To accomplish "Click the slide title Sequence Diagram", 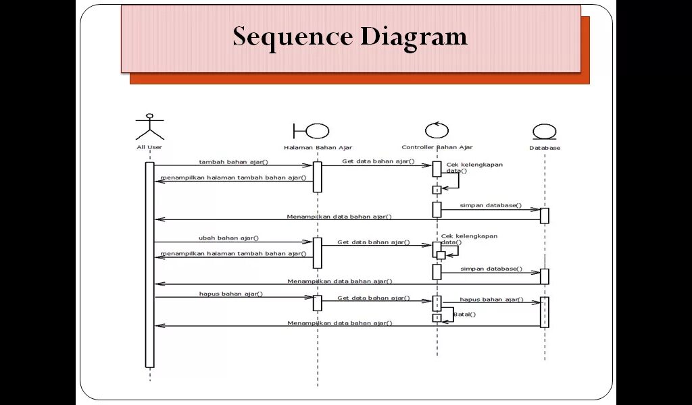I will click(x=350, y=36).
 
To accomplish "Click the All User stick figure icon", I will click(x=149, y=126).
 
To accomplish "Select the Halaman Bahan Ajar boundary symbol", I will click(x=311, y=131).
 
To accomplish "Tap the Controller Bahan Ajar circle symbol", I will click(x=437, y=130).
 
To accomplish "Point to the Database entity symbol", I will click(x=544, y=132).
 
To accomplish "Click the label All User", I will click(x=149, y=147).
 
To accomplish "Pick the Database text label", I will click(x=545, y=148).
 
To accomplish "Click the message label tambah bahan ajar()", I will click(x=233, y=162).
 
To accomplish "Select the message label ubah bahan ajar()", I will click(x=228, y=238).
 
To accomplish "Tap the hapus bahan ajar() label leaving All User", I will click(x=230, y=294).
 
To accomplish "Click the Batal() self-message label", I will click(x=464, y=314).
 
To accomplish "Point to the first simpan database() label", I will click(x=491, y=205).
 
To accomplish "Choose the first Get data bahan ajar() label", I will click(x=378, y=161).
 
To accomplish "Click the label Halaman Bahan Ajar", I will click(x=318, y=148).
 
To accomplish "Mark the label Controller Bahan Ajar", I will click(x=437, y=147).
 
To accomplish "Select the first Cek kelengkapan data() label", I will click(x=474, y=167).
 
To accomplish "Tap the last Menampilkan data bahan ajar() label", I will click(x=339, y=323).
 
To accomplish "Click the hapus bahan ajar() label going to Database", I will click(x=491, y=299).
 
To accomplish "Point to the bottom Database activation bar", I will click(x=545, y=312).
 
